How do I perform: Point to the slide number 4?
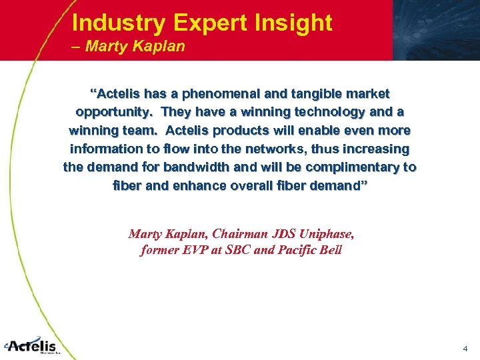(x=465, y=349)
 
